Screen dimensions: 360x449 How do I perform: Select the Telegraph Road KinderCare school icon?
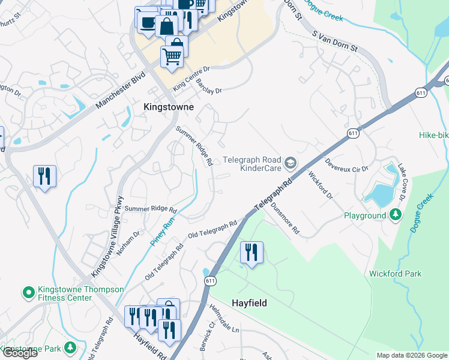click(x=291, y=163)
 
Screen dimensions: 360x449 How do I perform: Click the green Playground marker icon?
click(x=395, y=214)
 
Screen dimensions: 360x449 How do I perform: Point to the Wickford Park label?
click(x=395, y=274)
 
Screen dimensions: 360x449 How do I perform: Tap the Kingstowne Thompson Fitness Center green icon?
click(x=28, y=293)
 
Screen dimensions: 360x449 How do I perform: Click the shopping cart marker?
click(x=171, y=57)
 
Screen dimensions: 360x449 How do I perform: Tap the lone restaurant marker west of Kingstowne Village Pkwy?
click(x=44, y=176)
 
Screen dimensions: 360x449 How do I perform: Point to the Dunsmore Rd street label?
click(x=285, y=217)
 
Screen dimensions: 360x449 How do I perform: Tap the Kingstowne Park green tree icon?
click(x=71, y=347)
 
